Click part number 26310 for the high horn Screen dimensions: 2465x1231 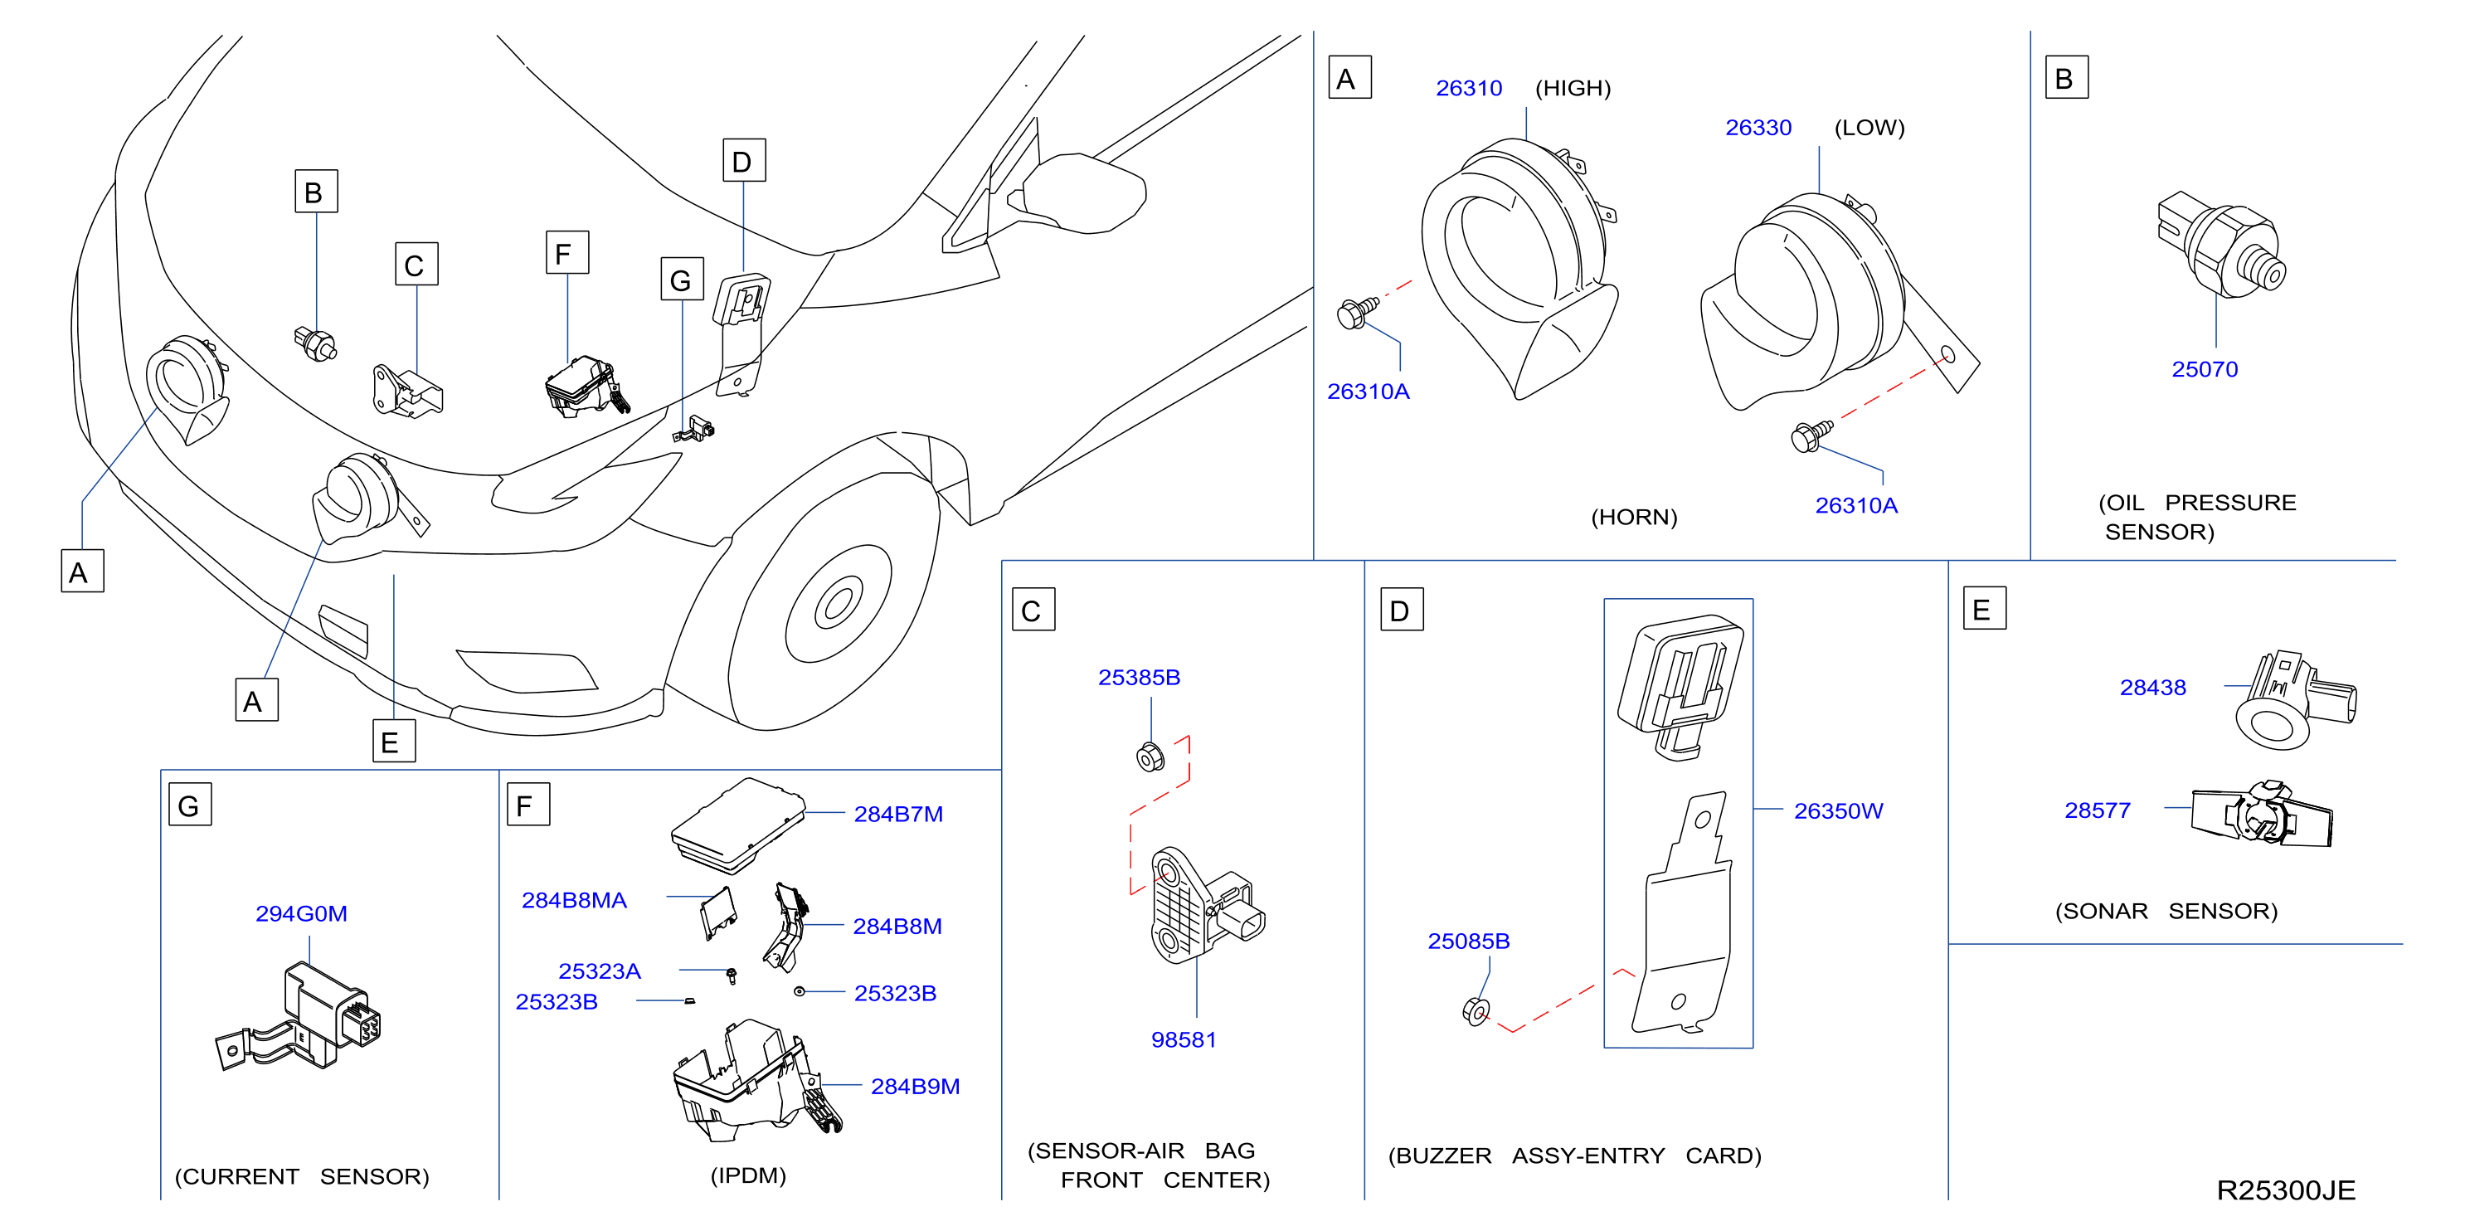tap(1469, 88)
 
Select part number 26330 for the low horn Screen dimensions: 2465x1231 tap(1758, 127)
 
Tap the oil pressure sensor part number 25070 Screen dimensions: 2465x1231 tap(2205, 369)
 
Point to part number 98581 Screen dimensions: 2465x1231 tap(1184, 1039)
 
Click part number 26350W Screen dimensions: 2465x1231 tap(1838, 810)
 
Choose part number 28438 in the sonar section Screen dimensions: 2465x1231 tap(2153, 688)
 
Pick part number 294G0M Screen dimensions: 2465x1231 tap(301, 913)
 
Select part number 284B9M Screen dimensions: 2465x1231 tap(915, 1087)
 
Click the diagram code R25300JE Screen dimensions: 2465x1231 tap(2286, 1190)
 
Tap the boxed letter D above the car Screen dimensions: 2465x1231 tap(743, 161)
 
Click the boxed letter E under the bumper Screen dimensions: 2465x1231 tap(393, 741)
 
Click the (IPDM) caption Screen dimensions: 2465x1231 tap(748, 1175)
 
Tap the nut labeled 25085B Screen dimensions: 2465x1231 tap(1476, 1011)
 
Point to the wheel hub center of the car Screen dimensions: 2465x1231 tap(839, 603)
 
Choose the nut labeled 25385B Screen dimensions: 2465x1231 tap(1150, 757)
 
